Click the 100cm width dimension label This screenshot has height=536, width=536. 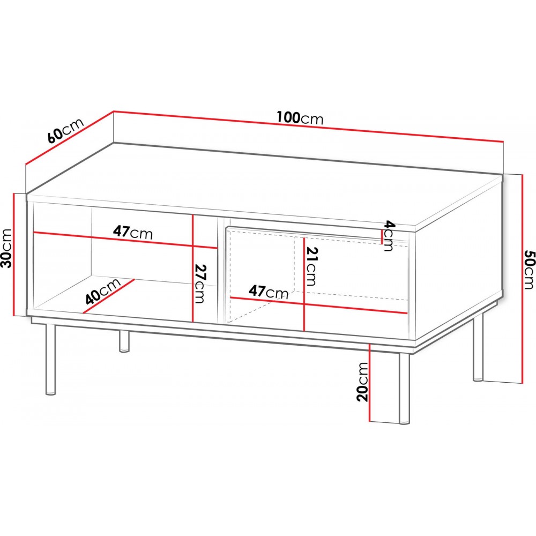point(300,118)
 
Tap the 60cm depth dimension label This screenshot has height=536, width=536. point(65,131)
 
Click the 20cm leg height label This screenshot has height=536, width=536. point(362,382)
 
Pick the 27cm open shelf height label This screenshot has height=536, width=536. point(199,284)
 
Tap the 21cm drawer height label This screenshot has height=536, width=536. point(311,266)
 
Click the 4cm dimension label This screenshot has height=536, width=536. point(389,236)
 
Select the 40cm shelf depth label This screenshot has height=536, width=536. point(103,291)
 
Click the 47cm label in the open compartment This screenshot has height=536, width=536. point(133,233)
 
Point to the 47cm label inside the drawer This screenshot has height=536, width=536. point(269,292)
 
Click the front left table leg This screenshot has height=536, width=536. point(50,359)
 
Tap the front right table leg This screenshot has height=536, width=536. point(404,388)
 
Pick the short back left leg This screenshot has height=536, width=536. point(124,341)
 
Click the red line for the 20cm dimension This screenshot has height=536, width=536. point(370,382)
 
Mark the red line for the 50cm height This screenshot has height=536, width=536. point(522,278)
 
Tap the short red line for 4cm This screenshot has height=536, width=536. point(382,236)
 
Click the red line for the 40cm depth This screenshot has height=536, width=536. point(108,296)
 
